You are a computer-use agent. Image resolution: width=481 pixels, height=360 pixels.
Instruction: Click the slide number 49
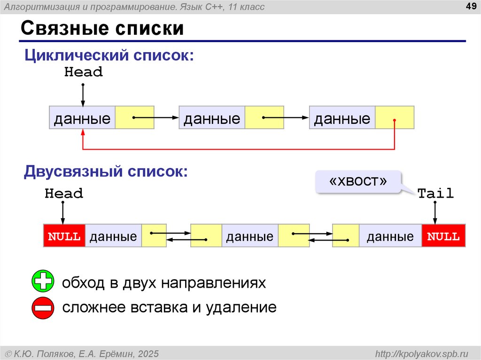click(x=471, y=6)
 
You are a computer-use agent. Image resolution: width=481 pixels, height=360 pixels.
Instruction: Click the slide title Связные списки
click(x=102, y=29)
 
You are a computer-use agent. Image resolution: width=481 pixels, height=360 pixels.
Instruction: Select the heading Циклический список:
click(x=109, y=55)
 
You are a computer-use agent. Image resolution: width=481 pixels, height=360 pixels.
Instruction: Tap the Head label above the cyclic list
click(x=83, y=72)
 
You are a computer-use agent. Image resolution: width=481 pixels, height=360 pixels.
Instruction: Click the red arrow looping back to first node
click(x=239, y=149)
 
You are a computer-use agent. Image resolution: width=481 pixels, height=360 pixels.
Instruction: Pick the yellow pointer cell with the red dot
click(x=395, y=118)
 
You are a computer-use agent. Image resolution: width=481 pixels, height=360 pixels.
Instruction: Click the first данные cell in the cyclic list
click(x=82, y=118)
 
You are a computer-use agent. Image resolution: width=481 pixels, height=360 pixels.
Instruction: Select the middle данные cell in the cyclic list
click(x=212, y=118)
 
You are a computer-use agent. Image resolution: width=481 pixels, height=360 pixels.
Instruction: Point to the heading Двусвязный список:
click(x=106, y=171)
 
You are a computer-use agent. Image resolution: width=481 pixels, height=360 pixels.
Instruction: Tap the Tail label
click(x=435, y=193)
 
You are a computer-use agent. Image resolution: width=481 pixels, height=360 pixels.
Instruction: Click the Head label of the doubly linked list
click(x=64, y=193)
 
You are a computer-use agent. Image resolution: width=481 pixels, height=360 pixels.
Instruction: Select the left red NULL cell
click(x=64, y=236)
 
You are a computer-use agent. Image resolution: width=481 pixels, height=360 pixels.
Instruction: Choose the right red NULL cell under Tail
click(x=443, y=236)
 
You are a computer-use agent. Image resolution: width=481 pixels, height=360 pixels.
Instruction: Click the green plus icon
click(x=43, y=282)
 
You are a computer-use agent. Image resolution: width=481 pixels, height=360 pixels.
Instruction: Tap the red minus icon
click(x=43, y=308)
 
